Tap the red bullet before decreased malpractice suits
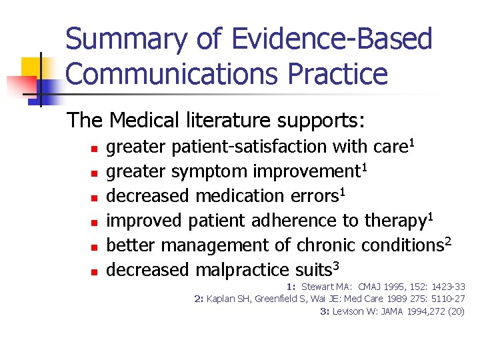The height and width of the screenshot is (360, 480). [95, 271]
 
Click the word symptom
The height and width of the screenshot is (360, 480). [209, 171]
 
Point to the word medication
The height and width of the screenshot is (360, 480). [247, 196]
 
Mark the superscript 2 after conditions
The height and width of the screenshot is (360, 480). [448, 240]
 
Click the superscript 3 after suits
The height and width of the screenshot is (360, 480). [337, 265]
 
